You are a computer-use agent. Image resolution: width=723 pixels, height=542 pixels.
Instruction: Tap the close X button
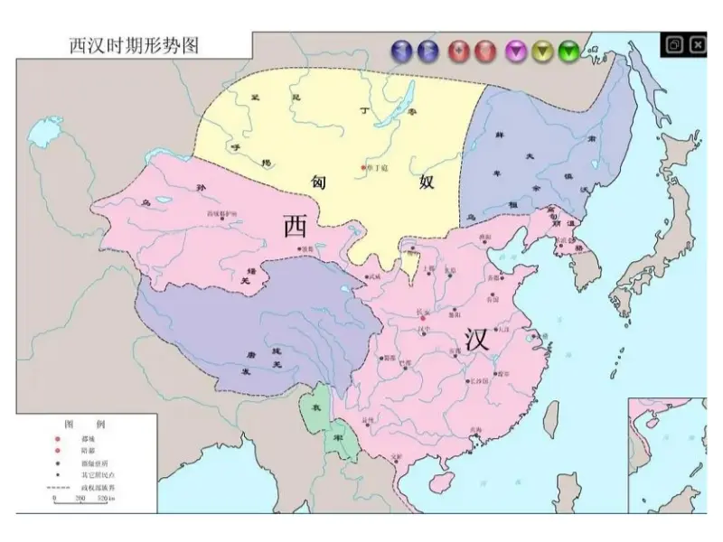pyautogui.click(x=698, y=43)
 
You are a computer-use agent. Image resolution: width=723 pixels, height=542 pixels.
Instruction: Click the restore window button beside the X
pyautogui.click(x=674, y=43)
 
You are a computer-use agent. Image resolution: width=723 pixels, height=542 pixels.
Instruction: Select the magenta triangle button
pyautogui.click(x=517, y=51)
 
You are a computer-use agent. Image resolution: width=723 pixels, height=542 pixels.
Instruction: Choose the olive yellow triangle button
pyautogui.click(x=543, y=51)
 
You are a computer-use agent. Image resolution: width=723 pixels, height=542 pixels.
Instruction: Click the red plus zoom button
pyautogui.click(x=460, y=51)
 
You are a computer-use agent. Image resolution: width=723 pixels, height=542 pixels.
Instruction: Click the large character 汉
pyautogui.click(x=477, y=339)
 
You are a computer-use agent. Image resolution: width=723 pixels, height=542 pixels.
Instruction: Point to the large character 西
pyautogui.click(x=296, y=226)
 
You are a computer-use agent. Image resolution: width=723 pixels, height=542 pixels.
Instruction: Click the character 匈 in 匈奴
pyautogui.click(x=322, y=182)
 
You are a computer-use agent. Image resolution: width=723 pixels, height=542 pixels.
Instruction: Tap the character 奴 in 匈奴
pyautogui.click(x=427, y=182)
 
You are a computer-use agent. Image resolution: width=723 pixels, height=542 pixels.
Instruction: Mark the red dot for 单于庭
pyautogui.click(x=363, y=168)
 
